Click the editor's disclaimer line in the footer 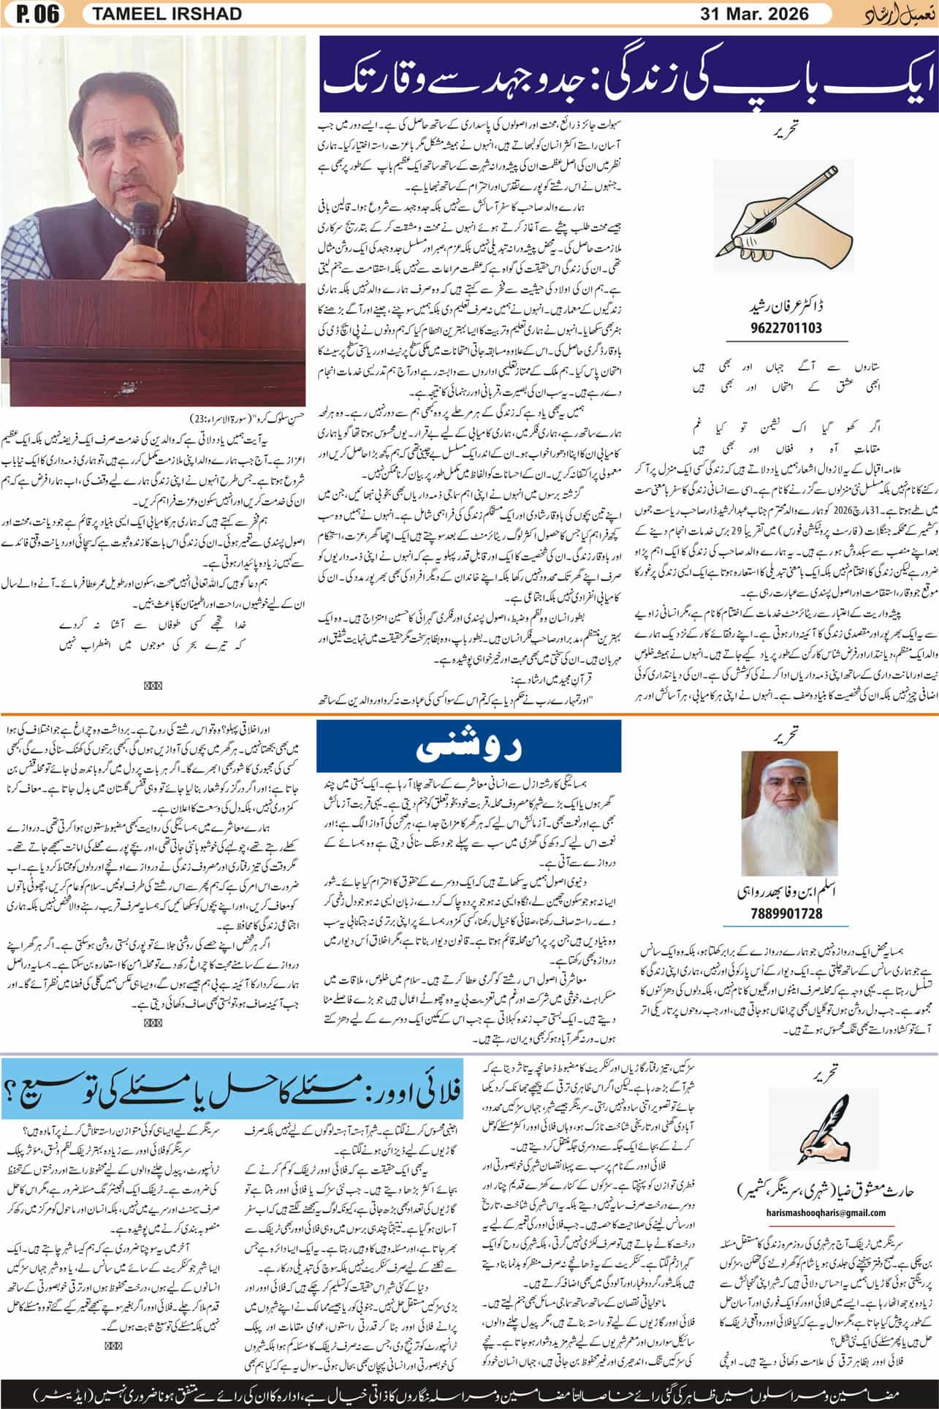(x=469, y=1388)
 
